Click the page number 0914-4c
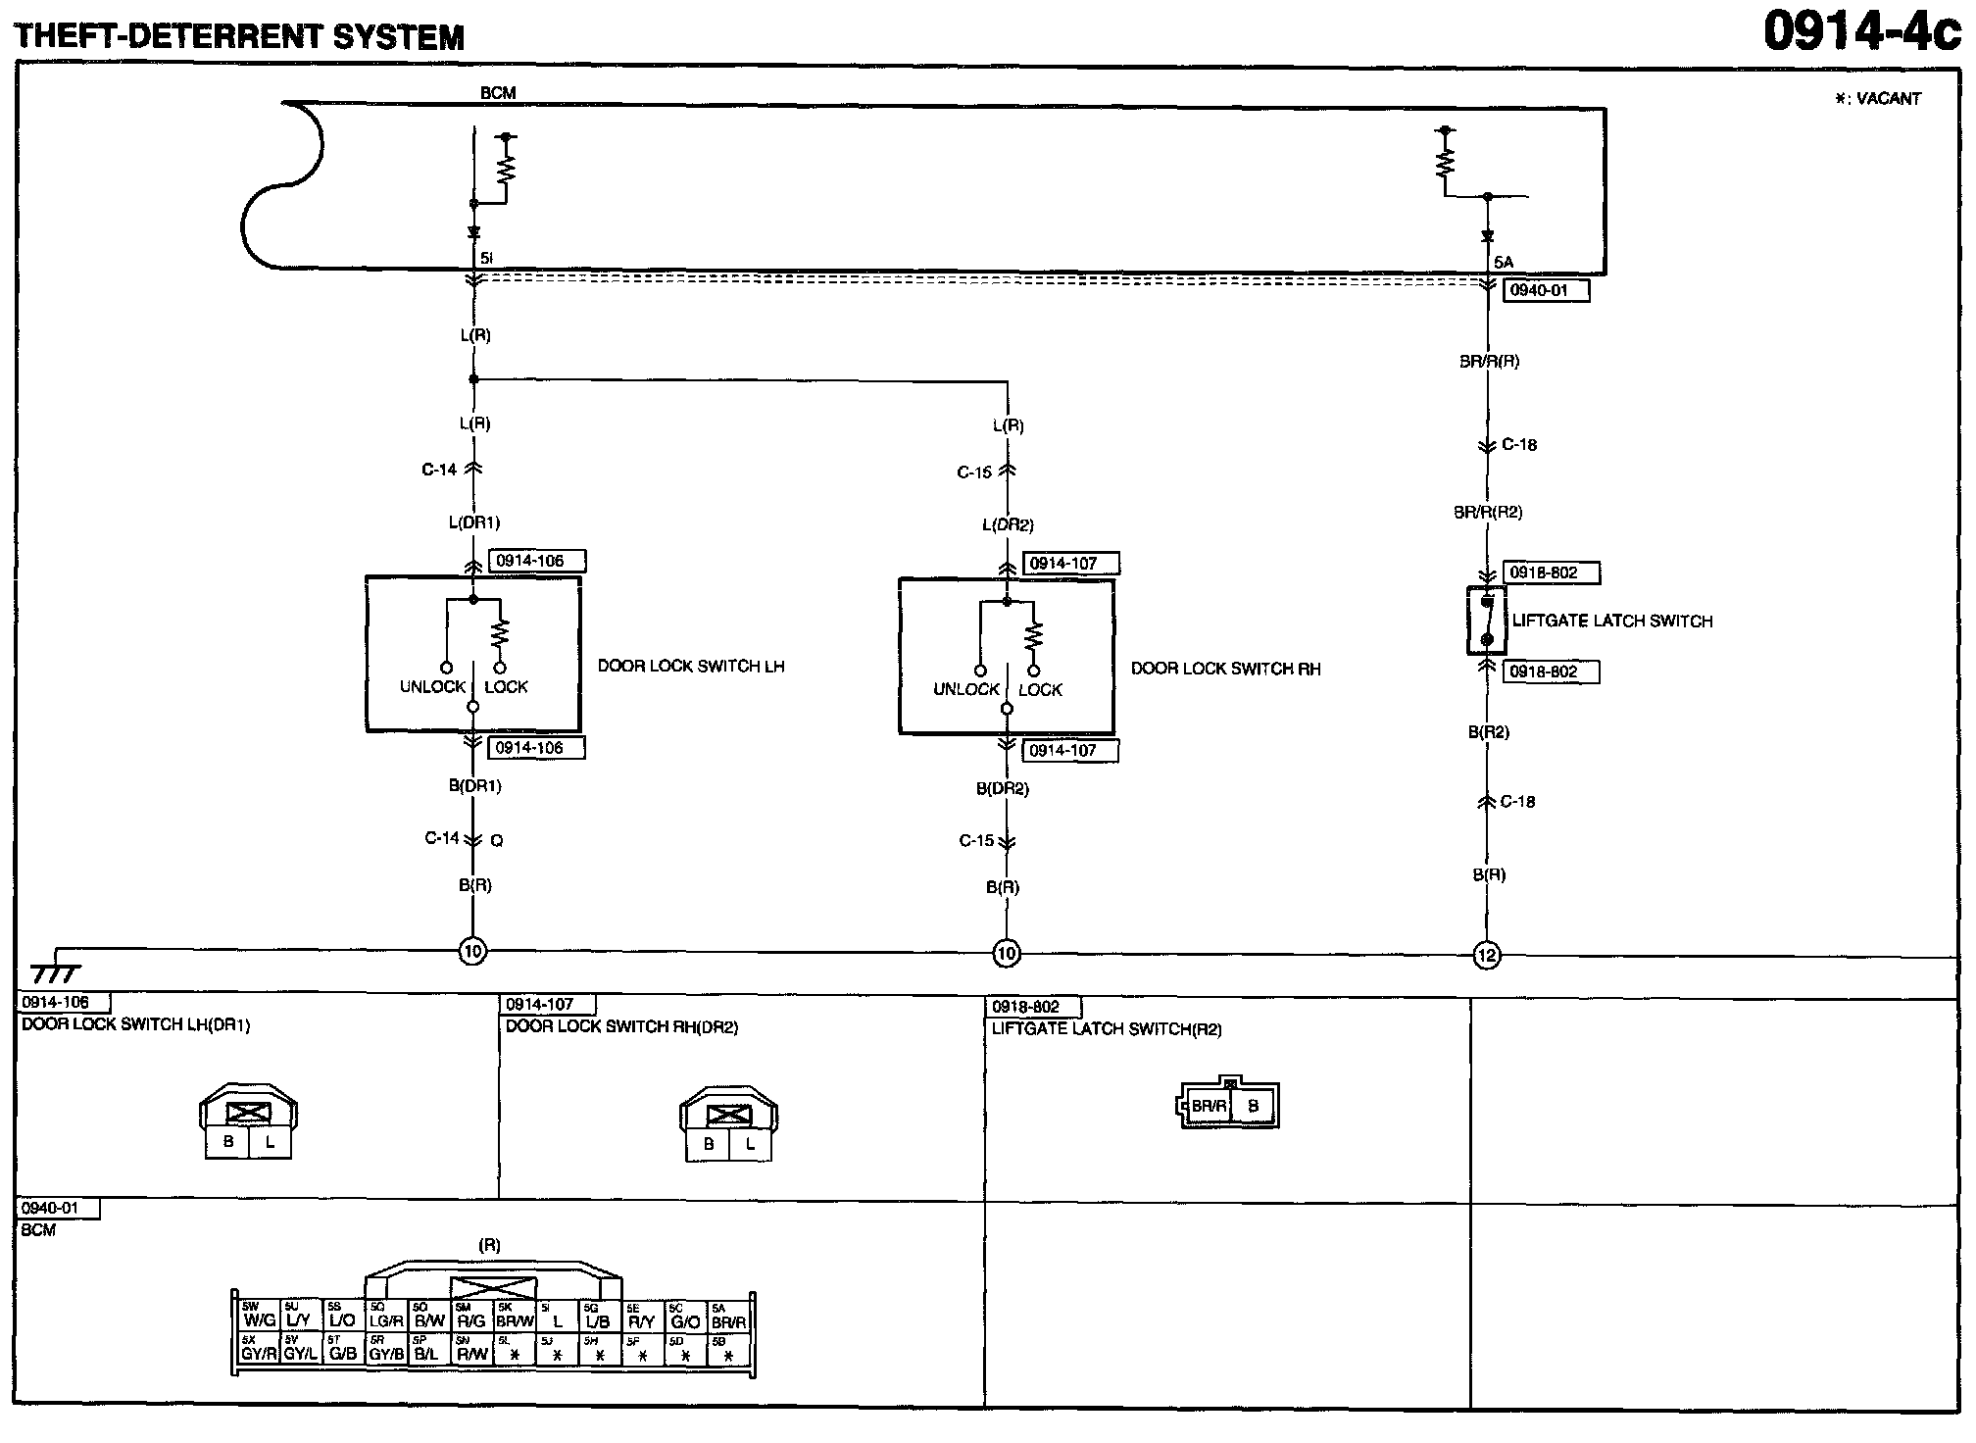[x=1859, y=31]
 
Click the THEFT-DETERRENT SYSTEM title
[x=239, y=36]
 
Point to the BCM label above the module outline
[x=498, y=93]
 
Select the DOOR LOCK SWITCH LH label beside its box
[x=691, y=667]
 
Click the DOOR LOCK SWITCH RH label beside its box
[x=1225, y=669]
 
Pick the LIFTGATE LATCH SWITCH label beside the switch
[x=1612, y=621]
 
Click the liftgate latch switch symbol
[x=1486, y=621]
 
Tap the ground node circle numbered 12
[x=1487, y=955]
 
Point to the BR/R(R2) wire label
[x=1488, y=512]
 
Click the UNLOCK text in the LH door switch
[x=432, y=686]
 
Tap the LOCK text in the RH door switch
[x=1040, y=690]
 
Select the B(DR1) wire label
[x=474, y=785]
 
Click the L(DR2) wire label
[x=1008, y=525]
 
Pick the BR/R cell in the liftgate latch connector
[x=1209, y=1107]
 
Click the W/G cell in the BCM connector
[x=259, y=1320]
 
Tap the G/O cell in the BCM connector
[x=685, y=1320]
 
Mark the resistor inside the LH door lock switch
[x=501, y=632]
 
